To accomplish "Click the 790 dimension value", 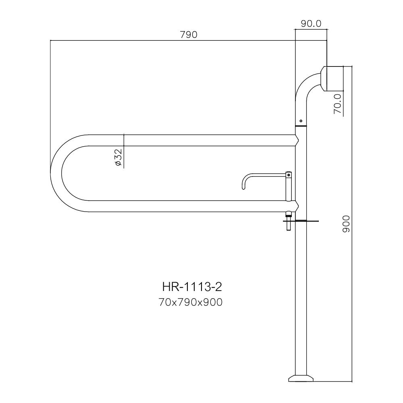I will tap(188, 35).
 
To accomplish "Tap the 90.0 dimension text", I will tap(311, 24).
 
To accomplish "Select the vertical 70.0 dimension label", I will tap(338, 103).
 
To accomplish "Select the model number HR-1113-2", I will tap(192, 287).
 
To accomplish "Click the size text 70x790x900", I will tap(191, 302).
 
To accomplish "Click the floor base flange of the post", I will tap(301, 378).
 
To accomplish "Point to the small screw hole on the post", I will tap(301, 120).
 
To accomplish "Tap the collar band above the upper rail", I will tap(301, 126).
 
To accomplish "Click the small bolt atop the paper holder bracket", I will tap(289, 174).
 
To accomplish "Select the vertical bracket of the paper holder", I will tap(289, 187).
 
